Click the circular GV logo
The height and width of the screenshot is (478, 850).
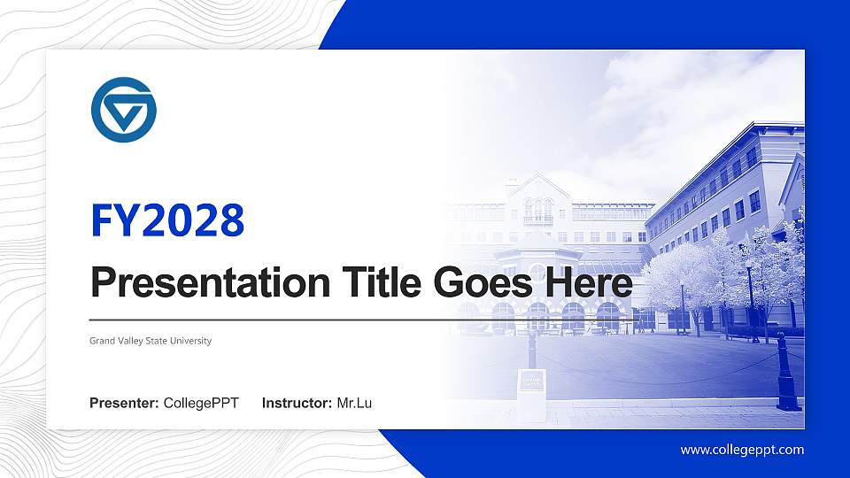coord(123,110)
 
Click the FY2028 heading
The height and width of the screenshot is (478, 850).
coord(167,221)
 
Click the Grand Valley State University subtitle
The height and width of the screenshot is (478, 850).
coord(151,341)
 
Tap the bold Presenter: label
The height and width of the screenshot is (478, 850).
coord(124,404)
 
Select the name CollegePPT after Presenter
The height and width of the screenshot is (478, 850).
coord(201,404)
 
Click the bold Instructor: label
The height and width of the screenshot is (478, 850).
coord(297,404)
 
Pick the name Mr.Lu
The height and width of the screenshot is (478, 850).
coord(354,404)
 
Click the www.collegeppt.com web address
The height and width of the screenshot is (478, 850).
coord(742,450)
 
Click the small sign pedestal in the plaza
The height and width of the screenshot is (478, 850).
coord(531,389)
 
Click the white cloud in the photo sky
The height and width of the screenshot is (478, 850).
coord(673,97)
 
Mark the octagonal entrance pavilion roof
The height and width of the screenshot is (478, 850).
coord(537,243)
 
